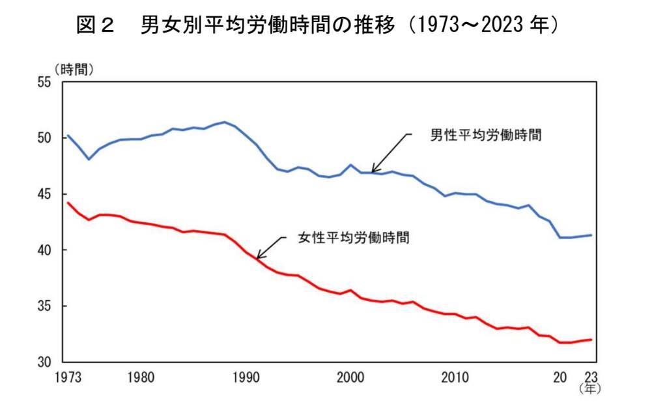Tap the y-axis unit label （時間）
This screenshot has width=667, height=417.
point(74,69)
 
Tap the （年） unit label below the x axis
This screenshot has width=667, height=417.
point(590,389)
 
